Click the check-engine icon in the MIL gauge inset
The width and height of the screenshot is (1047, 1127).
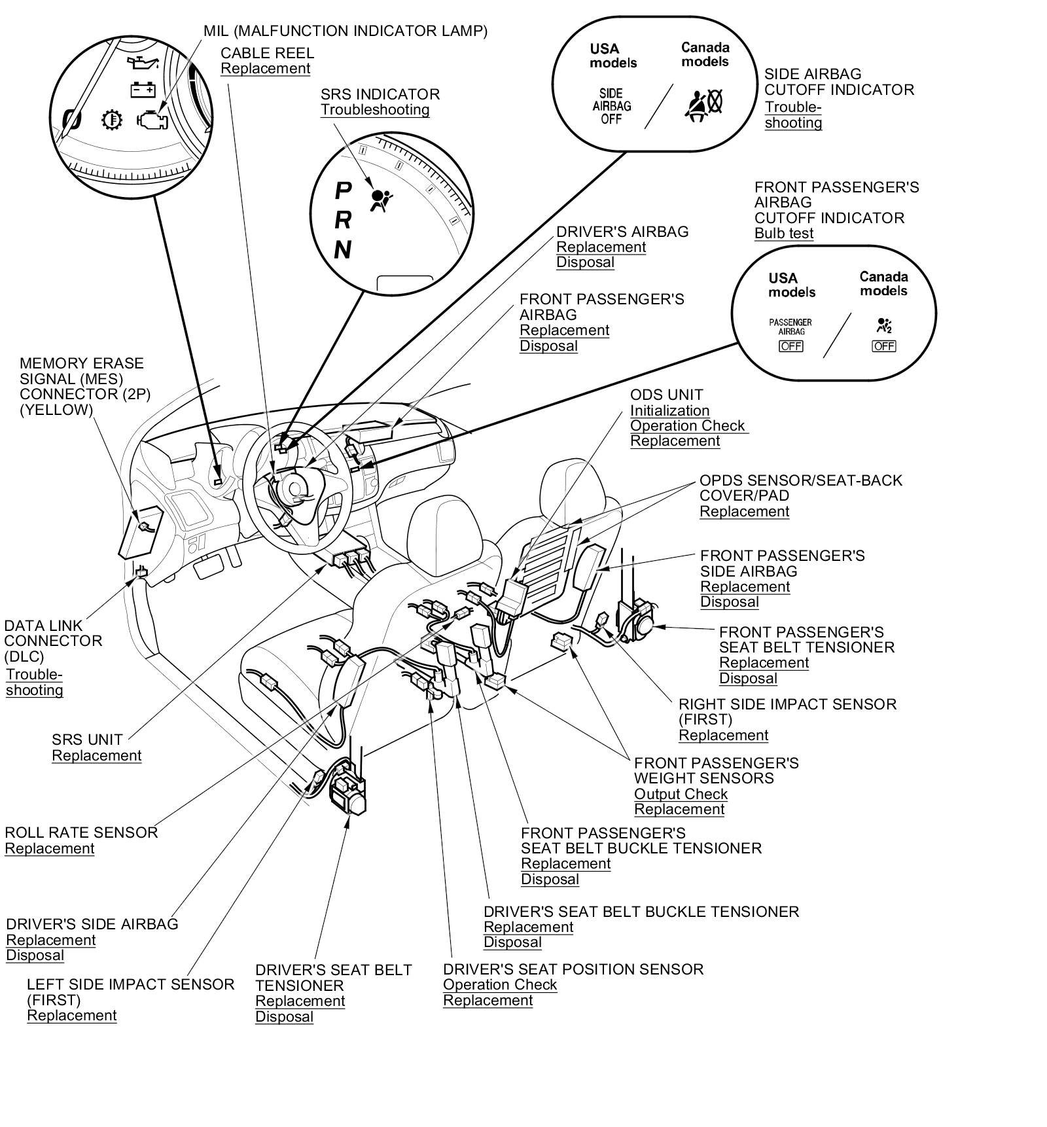pyautogui.click(x=152, y=120)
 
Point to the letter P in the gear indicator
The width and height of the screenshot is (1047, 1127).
pyautogui.click(x=343, y=191)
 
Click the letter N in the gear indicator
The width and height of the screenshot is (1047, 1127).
pyautogui.click(x=342, y=250)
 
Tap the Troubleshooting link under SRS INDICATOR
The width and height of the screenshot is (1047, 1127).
pyautogui.click(x=374, y=110)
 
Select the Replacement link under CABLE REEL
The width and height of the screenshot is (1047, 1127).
pyautogui.click(x=265, y=69)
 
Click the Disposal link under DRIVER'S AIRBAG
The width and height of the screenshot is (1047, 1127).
pyautogui.click(x=585, y=262)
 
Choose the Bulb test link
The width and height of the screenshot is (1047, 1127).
pyautogui.click(x=783, y=234)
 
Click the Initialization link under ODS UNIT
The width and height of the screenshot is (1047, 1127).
pyautogui.click(x=669, y=410)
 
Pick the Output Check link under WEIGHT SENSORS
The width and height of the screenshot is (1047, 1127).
pyautogui.click(x=681, y=794)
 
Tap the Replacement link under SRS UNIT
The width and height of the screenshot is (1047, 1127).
pyautogui.click(x=96, y=755)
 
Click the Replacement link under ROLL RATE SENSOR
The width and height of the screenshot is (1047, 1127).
pyautogui.click(x=49, y=848)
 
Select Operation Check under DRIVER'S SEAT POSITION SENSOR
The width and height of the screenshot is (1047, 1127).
pyautogui.click(x=499, y=984)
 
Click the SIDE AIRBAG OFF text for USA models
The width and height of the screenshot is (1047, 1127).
pyautogui.click(x=611, y=106)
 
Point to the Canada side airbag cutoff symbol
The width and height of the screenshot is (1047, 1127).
pyautogui.click(x=703, y=104)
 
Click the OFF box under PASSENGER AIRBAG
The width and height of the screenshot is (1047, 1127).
pyautogui.click(x=790, y=346)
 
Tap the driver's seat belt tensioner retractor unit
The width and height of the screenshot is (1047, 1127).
pyautogui.click(x=348, y=791)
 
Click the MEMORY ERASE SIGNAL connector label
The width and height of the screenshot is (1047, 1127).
pyautogui.click(x=81, y=386)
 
